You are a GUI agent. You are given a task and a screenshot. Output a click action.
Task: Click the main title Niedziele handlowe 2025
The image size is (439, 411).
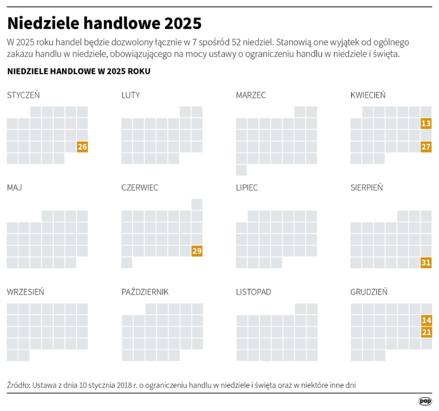click(x=104, y=23)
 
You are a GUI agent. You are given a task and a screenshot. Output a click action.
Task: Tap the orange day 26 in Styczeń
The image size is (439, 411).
click(x=83, y=147)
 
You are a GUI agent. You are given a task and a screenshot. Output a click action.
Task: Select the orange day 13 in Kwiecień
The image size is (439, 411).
click(x=426, y=124)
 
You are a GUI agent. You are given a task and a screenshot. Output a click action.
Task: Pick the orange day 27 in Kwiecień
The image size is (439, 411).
click(x=426, y=147)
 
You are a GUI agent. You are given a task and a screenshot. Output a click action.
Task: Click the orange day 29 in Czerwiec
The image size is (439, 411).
click(x=197, y=251)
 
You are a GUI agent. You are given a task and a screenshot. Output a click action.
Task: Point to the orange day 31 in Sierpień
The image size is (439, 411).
click(x=426, y=262)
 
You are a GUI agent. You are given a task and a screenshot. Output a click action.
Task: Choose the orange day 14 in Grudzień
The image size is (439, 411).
click(x=426, y=320)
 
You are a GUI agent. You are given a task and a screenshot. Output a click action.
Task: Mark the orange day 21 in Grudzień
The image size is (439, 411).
click(x=426, y=332)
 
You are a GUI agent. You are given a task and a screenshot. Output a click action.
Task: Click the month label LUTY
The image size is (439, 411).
click(x=131, y=95)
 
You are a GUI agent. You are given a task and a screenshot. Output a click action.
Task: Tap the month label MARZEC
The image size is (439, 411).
click(x=250, y=95)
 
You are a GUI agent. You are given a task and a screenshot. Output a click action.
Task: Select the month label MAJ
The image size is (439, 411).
click(x=14, y=188)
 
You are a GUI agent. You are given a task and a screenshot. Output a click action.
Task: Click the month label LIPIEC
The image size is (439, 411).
click(x=247, y=188)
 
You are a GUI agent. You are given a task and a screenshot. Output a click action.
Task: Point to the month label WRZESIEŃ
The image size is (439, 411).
click(x=25, y=292)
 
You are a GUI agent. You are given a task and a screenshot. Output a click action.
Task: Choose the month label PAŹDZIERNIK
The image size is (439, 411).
click(x=145, y=292)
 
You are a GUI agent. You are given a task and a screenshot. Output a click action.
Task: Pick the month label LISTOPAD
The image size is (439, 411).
click(x=253, y=292)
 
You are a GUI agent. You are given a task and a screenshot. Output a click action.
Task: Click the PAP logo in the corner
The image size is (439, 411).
click(x=425, y=400)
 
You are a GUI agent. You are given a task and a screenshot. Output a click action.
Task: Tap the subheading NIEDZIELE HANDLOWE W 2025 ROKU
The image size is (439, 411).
click(x=79, y=71)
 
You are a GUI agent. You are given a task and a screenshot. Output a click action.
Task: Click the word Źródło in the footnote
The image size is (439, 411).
click(x=18, y=385)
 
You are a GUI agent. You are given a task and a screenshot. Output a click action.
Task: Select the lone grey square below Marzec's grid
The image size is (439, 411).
click(x=241, y=170)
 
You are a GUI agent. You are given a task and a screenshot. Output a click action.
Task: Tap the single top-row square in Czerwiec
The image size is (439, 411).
click(x=197, y=204)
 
